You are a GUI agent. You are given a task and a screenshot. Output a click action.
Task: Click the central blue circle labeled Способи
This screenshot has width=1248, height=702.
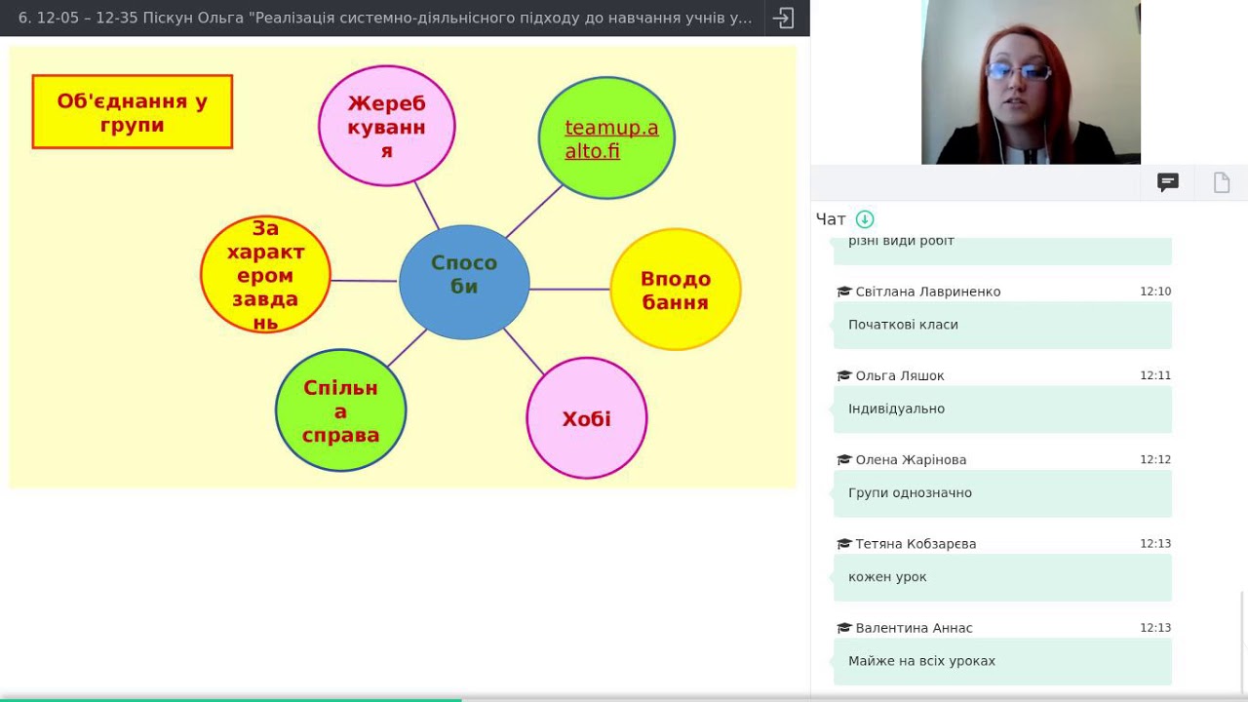tap(464, 282)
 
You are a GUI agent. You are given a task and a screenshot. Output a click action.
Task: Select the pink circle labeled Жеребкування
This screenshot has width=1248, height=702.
tap(387, 126)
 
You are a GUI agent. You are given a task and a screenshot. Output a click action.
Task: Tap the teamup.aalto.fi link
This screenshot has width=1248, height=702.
tap(611, 139)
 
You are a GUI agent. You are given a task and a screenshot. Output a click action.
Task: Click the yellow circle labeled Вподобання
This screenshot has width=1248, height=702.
tap(676, 290)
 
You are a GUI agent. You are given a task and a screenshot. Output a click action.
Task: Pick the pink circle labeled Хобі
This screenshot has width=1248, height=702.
tap(587, 418)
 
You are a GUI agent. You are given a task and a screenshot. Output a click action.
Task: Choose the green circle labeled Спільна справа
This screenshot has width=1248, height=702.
tap(340, 410)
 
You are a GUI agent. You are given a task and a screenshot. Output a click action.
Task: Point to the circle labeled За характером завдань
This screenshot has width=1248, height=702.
tap(265, 275)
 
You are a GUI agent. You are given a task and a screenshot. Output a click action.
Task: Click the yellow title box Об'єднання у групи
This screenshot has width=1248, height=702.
tap(132, 112)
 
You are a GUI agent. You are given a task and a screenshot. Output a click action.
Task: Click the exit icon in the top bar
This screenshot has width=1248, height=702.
tap(783, 18)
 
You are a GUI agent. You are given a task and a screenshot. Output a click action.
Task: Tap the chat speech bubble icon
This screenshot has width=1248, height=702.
tap(1168, 182)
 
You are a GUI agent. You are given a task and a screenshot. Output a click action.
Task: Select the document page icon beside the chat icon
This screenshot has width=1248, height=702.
tap(1222, 182)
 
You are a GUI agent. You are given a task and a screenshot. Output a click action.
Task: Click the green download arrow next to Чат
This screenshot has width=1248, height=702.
tap(865, 219)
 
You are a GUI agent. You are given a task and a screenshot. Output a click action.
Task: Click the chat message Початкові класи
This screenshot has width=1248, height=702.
tap(903, 325)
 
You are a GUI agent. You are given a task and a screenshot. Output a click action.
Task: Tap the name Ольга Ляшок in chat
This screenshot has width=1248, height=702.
tap(900, 376)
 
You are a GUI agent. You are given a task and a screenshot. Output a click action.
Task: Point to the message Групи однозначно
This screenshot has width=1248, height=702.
tap(910, 493)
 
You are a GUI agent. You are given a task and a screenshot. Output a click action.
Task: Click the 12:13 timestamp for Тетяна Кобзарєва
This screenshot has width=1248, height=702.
tap(1155, 544)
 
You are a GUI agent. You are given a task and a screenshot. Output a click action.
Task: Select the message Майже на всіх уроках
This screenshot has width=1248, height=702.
tap(921, 661)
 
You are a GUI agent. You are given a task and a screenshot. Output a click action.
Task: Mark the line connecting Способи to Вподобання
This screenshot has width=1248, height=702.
tap(569, 290)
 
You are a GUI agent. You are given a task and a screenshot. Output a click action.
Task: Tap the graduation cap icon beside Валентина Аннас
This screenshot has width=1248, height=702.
tap(844, 628)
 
